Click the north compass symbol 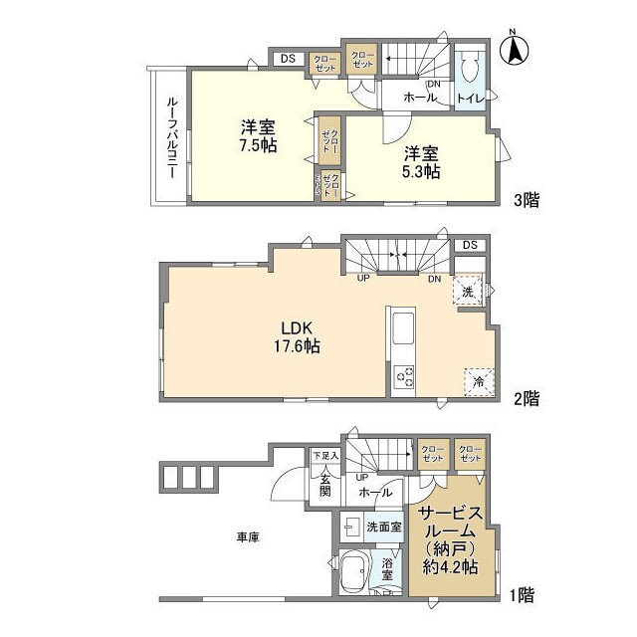518,49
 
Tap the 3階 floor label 527,199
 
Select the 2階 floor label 527,398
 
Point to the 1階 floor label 521,595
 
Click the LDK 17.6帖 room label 299,337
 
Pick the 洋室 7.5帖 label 258,135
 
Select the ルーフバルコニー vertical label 170,137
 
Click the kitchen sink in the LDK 404,328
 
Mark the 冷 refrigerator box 478,381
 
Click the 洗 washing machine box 467,291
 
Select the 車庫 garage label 248,537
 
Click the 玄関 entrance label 324,486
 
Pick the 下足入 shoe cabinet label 325,456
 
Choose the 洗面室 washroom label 383,526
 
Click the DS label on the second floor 470,245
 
